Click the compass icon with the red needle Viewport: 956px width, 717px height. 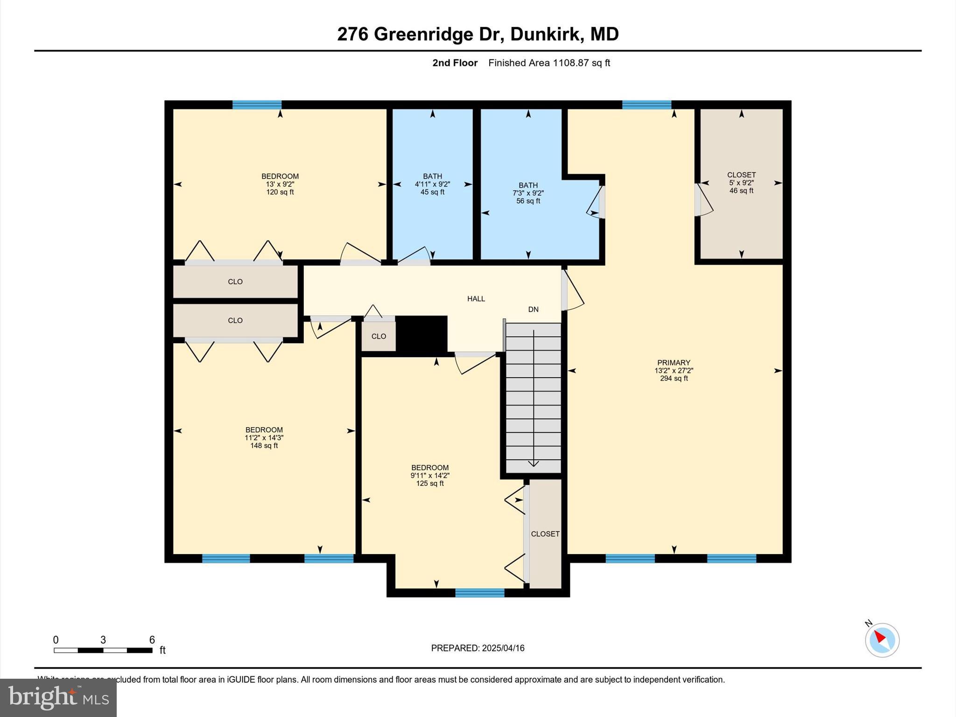[x=882, y=640]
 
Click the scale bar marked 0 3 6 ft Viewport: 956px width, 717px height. [x=103, y=650]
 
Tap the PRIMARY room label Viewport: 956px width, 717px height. [x=674, y=370]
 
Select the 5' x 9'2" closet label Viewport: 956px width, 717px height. [x=741, y=183]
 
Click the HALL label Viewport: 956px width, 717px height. [x=476, y=299]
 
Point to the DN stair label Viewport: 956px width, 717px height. [x=533, y=309]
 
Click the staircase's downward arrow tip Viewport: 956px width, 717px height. [x=534, y=464]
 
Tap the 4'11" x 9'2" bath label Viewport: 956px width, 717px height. [x=432, y=184]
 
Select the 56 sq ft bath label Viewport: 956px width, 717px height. [x=528, y=193]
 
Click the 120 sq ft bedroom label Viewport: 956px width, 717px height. [x=280, y=184]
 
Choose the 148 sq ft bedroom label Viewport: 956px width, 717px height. [x=264, y=438]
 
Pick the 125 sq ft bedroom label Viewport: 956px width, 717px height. [x=430, y=475]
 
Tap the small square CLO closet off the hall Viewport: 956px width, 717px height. [x=379, y=337]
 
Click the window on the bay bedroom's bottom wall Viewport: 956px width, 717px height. [x=480, y=593]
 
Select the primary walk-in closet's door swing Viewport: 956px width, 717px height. [x=703, y=200]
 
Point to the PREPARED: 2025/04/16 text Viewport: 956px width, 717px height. [x=478, y=648]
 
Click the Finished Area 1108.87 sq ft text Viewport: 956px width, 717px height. [x=549, y=63]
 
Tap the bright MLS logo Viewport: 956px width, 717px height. [x=58, y=698]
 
